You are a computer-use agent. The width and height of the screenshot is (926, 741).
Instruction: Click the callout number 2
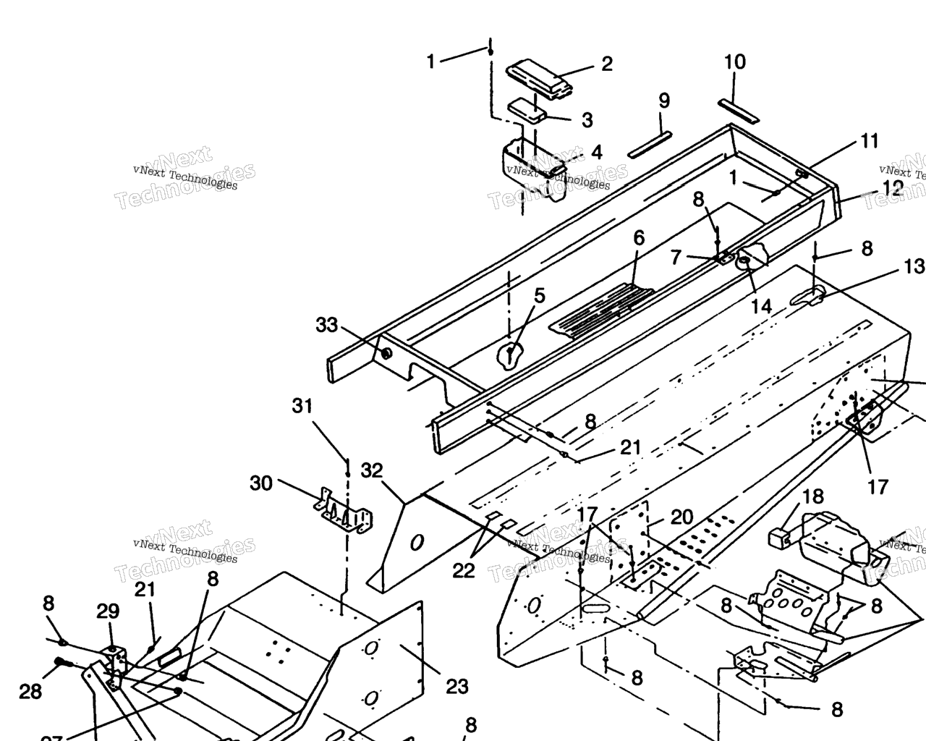pos(606,64)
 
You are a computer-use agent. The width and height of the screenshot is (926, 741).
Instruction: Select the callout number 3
pos(586,119)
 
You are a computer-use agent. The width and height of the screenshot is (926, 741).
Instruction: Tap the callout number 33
pos(326,325)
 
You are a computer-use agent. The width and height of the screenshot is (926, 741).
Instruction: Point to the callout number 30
pos(261,482)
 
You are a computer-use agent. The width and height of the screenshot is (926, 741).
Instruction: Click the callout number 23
pos(456,685)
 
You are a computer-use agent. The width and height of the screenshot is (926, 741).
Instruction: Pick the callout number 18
pos(813,496)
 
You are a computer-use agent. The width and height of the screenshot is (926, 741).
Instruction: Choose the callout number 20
pos(681,517)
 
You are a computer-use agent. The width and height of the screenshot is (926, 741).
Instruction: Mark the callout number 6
pos(638,238)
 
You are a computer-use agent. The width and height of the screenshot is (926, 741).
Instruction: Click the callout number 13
pos(914,266)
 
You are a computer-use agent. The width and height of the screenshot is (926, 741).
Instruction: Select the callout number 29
pos(108,611)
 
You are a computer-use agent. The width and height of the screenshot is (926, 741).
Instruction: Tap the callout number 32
pos(372,470)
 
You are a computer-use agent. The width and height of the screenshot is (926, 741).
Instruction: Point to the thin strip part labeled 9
pos(651,143)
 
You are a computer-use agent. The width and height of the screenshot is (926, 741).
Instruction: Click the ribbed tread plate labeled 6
pos(600,308)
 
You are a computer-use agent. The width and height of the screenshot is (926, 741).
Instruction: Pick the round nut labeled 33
pos(386,353)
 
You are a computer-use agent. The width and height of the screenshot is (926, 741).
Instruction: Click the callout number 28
pos(30,692)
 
